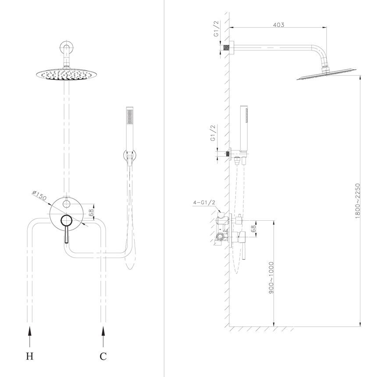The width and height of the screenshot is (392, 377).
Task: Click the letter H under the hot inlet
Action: click(x=29, y=356)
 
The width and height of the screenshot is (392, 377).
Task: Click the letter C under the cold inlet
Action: click(x=103, y=356)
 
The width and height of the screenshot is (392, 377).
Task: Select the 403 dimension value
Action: click(x=278, y=25)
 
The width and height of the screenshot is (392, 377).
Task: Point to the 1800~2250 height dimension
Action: click(x=357, y=201)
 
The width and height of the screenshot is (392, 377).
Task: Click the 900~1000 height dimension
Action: click(x=271, y=278)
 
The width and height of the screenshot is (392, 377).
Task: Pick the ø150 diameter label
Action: click(x=39, y=196)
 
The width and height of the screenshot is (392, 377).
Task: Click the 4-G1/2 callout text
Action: click(x=204, y=202)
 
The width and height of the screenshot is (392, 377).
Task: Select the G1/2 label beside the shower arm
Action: click(x=216, y=29)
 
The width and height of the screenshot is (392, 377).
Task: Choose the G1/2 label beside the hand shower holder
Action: click(x=213, y=133)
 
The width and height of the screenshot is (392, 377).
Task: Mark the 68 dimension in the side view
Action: click(x=253, y=229)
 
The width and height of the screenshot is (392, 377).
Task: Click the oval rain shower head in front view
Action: click(x=67, y=75)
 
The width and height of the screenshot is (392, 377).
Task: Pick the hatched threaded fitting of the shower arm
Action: click(x=226, y=47)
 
